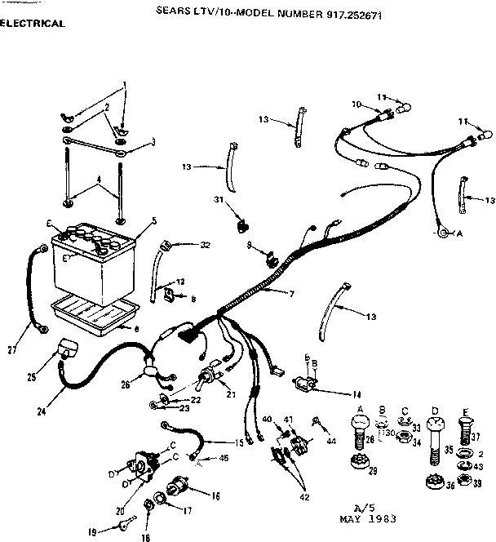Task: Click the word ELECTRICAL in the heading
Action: point(33,24)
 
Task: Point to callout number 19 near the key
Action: point(92,532)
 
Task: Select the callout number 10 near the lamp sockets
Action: point(356,104)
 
